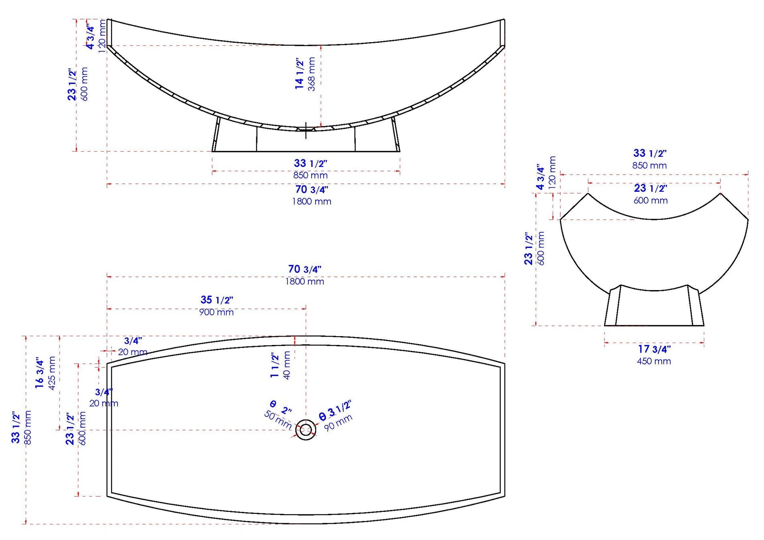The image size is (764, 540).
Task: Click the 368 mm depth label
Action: (311, 74)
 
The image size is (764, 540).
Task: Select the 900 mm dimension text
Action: (217, 312)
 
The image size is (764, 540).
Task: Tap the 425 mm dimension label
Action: (52, 373)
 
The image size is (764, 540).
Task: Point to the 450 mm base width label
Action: (654, 361)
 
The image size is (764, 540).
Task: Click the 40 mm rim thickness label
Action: (287, 365)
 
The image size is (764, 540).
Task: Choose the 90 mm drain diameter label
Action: (338, 422)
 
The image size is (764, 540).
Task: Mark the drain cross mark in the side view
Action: (306, 130)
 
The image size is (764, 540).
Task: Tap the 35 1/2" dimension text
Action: (217, 300)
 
